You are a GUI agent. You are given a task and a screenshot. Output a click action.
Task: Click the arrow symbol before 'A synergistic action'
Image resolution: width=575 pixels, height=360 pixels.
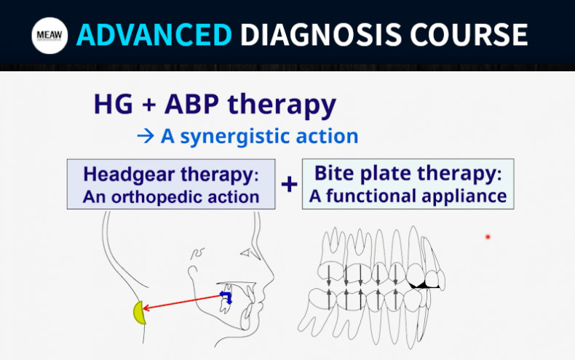point(145,136)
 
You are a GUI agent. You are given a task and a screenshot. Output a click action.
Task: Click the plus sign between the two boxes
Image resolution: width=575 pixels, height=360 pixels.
point(289,184)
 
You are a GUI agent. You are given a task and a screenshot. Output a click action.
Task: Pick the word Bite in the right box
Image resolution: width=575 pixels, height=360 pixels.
point(332,175)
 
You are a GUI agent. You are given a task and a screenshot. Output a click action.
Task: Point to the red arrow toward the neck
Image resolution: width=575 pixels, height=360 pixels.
point(182,303)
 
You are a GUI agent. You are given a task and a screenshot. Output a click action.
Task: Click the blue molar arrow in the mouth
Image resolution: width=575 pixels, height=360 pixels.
point(226,296)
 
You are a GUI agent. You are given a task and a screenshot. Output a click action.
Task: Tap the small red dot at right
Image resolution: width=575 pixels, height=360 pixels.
point(488,236)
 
